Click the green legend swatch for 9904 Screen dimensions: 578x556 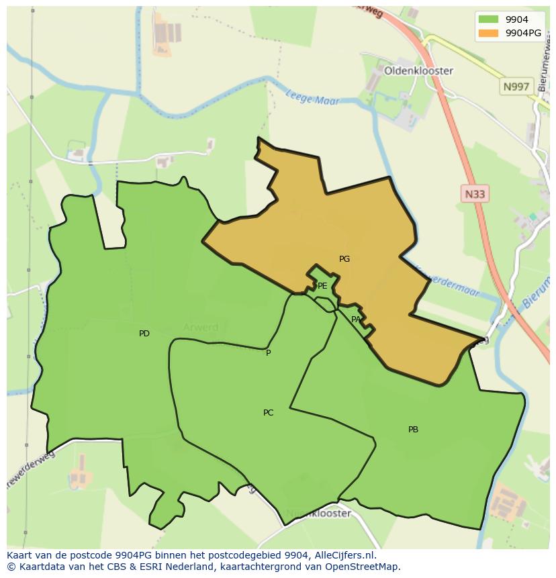(488, 19)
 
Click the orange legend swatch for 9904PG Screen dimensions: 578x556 (488, 33)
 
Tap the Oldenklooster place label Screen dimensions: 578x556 (418, 70)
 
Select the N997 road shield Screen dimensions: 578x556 (516, 87)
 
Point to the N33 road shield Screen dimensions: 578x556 (475, 194)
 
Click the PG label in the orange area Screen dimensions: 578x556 (344, 259)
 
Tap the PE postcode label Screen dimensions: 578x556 (322, 286)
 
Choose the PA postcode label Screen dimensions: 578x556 (356, 320)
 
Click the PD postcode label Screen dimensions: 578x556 (144, 334)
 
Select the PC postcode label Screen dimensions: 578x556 (268, 413)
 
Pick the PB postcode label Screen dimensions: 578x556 (413, 430)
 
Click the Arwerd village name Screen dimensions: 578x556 (201, 328)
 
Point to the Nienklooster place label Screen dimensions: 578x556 (318, 514)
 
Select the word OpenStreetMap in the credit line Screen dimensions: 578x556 (361, 567)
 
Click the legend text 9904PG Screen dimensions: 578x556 (523, 33)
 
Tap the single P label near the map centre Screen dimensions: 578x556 (268, 353)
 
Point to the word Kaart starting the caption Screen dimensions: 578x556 (20, 555)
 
